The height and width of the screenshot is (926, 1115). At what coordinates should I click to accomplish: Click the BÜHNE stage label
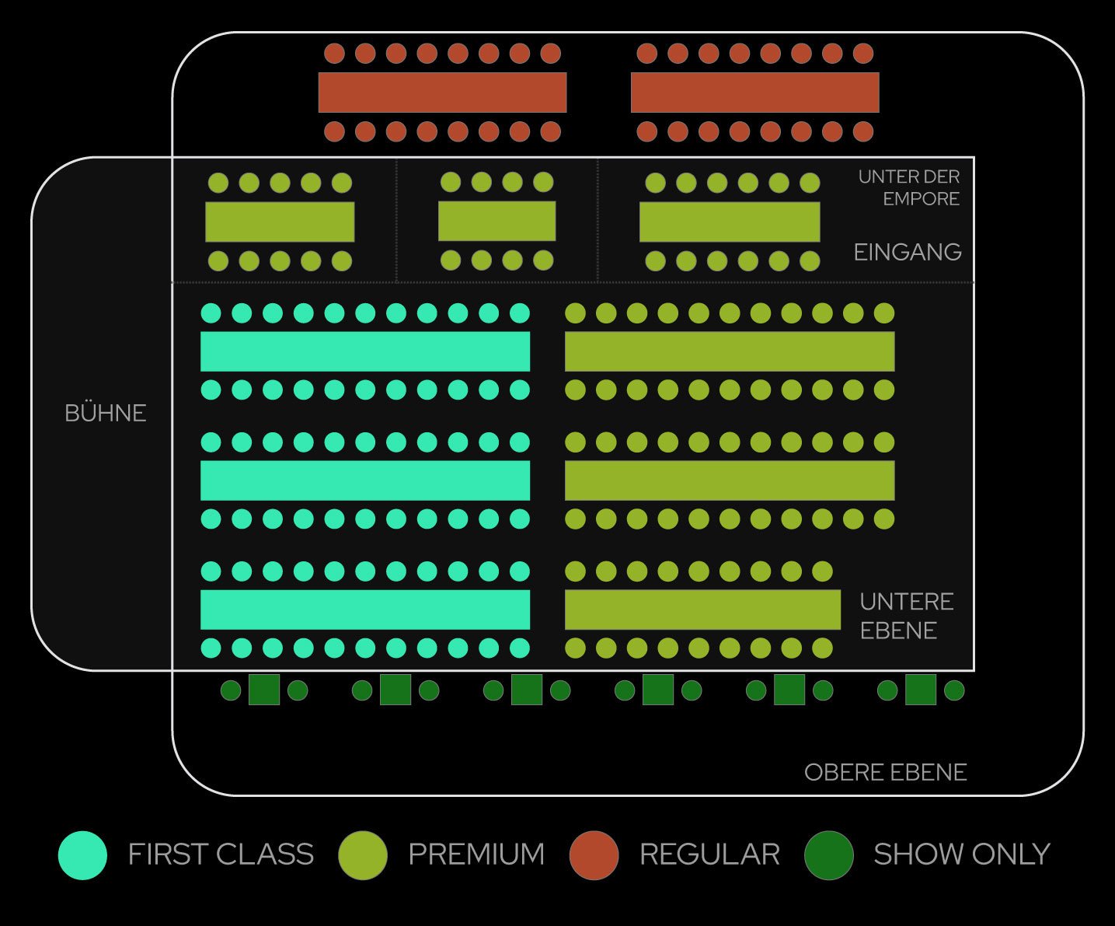pos(106,413)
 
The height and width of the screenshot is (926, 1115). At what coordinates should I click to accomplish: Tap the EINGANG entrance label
pos(907,252)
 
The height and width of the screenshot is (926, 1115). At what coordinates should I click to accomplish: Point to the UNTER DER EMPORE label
pos(908,187)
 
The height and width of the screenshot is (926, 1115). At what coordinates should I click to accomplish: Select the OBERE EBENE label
pos(885,772)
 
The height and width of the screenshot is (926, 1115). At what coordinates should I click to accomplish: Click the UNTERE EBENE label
pos(906,616)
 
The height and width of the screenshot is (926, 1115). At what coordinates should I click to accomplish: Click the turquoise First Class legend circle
pos(82,855)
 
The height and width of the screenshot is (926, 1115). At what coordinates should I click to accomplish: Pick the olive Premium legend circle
pos(363,855)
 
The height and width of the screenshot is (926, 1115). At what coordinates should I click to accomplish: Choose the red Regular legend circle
pos(594,855)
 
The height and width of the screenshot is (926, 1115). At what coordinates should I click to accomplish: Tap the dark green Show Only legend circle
pos(829,855)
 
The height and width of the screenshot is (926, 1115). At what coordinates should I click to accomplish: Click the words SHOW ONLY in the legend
pos(961,854)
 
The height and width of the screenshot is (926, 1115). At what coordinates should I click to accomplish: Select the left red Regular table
pos(442,93)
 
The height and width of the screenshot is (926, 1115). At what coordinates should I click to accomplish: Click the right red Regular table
pos(754,93)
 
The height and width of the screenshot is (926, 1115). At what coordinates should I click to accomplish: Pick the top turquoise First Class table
pos(365,351)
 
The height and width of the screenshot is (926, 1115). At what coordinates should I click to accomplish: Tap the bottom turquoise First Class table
pos(365,610)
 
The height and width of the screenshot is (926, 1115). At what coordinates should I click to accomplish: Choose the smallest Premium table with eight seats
pos(497,221)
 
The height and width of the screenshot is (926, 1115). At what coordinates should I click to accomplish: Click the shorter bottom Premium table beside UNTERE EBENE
pos(702,610)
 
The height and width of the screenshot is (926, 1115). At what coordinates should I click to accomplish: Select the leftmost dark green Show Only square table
pos(264,690)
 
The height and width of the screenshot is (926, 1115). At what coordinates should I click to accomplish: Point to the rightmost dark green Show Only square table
pos(921,690)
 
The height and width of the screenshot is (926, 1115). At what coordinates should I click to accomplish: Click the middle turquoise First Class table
pos(365,480)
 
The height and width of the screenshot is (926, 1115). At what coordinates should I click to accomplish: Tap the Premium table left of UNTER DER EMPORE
pos(730,222)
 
